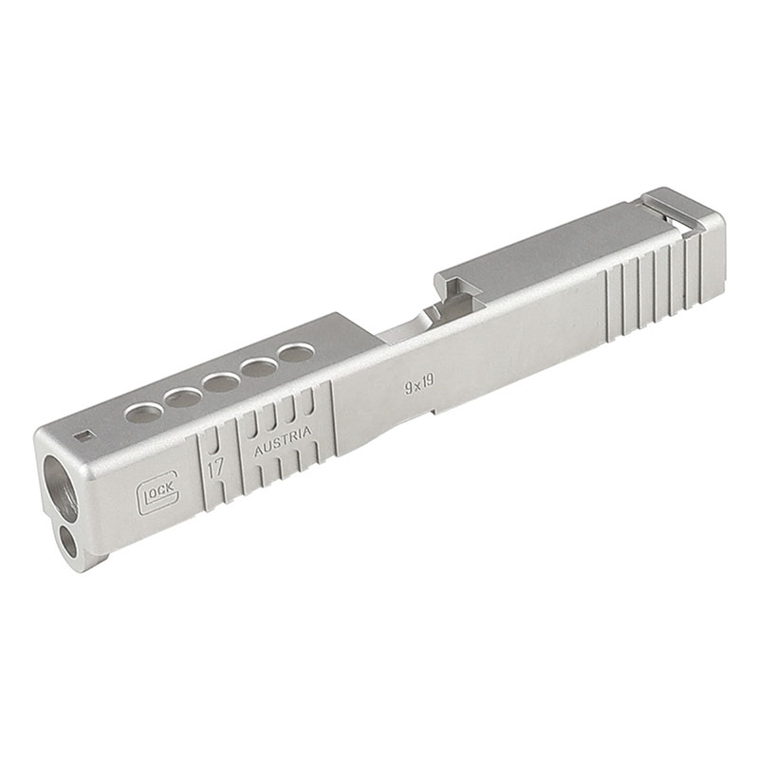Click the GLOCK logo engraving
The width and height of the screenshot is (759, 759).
click(x=158, y=492)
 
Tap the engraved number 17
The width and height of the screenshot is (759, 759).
click(x=215, y=469)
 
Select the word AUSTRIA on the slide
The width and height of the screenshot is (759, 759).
click(x=283, y=441)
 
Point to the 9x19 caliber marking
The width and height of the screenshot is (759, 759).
click(x=419, y=386)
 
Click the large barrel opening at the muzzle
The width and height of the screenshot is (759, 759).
click(x=61, y=489)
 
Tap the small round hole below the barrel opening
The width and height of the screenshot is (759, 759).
click(x=67, y=542)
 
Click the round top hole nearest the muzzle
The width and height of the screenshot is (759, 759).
click(x=144, y=414)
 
